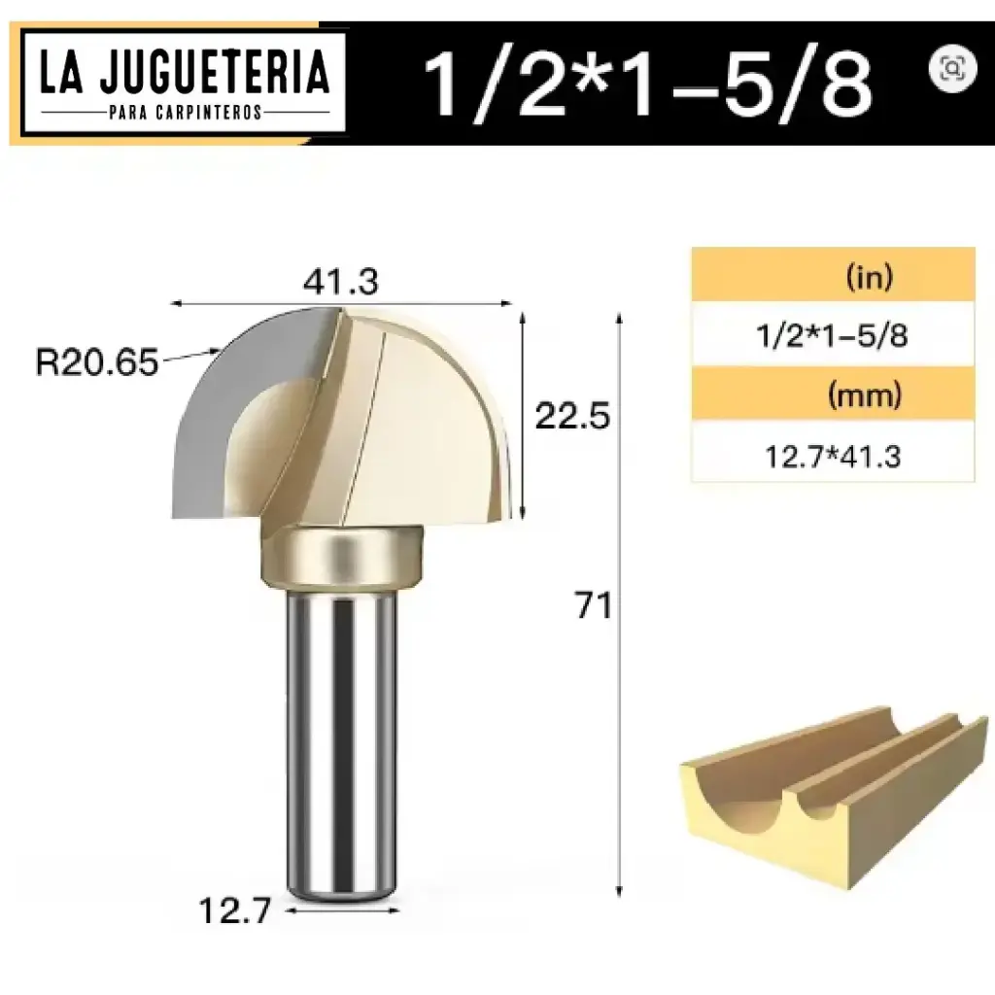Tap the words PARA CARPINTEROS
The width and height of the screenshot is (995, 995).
click(x=185, y=112)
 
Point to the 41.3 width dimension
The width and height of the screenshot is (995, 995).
click(x=340, y=282)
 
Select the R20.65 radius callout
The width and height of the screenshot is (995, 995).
click(x=96, y=362)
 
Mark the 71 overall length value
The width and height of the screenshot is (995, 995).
click(x=592, y=606)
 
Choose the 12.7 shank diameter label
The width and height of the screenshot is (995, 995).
click(x=233, y=911)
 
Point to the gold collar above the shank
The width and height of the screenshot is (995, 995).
click(x=341, y=557)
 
